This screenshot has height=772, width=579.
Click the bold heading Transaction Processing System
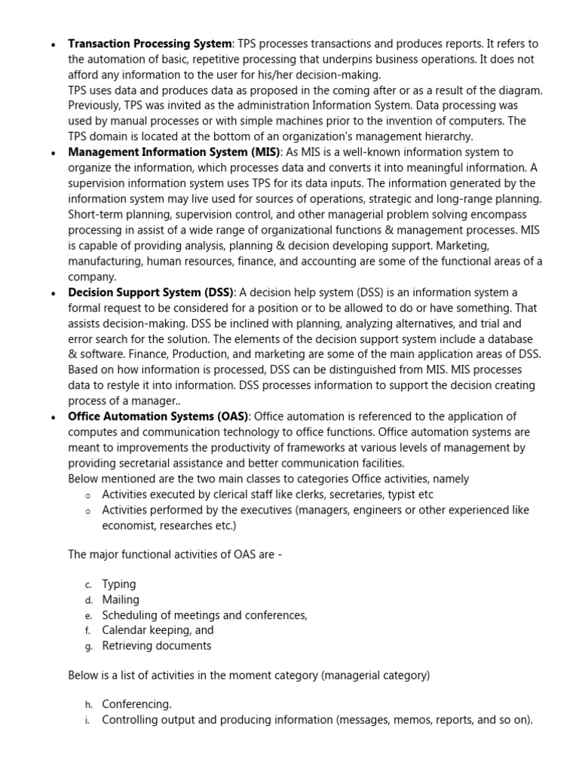(x=150, y=44)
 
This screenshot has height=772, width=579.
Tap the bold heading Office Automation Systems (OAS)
(x=158, y=416)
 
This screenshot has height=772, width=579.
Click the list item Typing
(x=119, y=584)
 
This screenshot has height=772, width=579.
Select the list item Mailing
(x=121, y=599)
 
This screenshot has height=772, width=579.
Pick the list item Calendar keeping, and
(x=158, y=630)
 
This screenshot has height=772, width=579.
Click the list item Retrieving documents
(x=157, y=645)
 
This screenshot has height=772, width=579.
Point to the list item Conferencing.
(x=136, y=704)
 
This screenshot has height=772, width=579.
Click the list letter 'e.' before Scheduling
(x=89, y=616)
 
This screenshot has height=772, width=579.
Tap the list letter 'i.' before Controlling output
(x=88, y=720)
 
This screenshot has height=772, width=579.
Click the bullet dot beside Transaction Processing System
(x=52, y=44)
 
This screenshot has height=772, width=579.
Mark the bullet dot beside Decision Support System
(x=52, y=293)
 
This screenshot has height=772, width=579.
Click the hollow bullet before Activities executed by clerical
(x=88, y=495)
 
